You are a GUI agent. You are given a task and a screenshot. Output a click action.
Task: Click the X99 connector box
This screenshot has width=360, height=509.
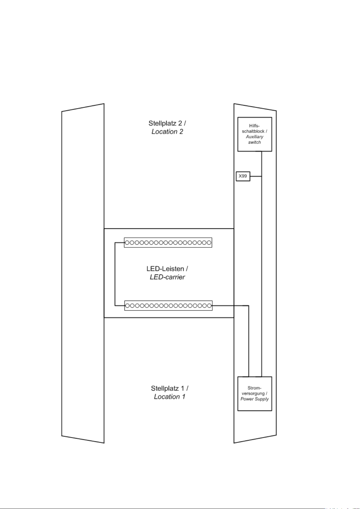[243, 176]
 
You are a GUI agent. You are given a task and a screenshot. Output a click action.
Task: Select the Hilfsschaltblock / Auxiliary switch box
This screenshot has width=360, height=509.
[255, 134]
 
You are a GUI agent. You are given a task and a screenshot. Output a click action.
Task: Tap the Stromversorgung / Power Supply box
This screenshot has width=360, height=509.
[255, 394]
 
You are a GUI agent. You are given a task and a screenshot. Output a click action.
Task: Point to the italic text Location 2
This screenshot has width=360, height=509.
[167, 132]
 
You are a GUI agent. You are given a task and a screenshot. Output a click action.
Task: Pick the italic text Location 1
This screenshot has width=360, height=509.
[169, 397]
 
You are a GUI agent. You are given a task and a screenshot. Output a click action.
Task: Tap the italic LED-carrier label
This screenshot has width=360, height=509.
[167, 277]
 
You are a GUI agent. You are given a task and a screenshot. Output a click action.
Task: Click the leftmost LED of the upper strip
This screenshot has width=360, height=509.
[127, 243]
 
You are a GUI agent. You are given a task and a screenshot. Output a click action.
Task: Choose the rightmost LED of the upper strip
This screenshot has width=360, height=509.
[209, 243]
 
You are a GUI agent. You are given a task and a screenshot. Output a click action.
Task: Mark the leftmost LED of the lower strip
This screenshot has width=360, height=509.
[127, 306]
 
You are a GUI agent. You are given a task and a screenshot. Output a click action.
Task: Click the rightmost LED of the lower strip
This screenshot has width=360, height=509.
[209, 306]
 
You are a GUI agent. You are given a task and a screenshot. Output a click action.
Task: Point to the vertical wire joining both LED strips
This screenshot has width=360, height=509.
[115, 274]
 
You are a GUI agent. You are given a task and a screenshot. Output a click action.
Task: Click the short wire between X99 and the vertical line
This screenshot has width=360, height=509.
[256, 176]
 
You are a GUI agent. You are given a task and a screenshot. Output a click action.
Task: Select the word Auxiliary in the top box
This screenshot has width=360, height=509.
[255, 137]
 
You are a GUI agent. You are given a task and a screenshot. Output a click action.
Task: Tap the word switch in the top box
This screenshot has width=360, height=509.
[255, 142]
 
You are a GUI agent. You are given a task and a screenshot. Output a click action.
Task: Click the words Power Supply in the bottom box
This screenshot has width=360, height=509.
[255, 399]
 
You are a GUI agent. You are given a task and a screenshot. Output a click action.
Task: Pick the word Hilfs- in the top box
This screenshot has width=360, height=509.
[255, 126]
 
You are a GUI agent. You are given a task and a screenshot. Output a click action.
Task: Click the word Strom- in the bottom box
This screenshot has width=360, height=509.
[255, 388]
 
